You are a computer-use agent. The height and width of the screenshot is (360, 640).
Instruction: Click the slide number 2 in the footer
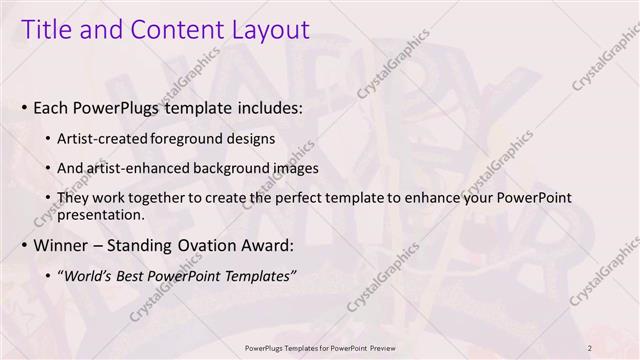[590, 347]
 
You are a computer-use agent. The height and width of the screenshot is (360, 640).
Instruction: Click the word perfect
[298, 197]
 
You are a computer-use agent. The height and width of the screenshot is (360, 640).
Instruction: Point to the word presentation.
[104, 214]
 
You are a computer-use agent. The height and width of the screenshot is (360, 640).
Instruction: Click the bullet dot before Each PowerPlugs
[23, 106]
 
